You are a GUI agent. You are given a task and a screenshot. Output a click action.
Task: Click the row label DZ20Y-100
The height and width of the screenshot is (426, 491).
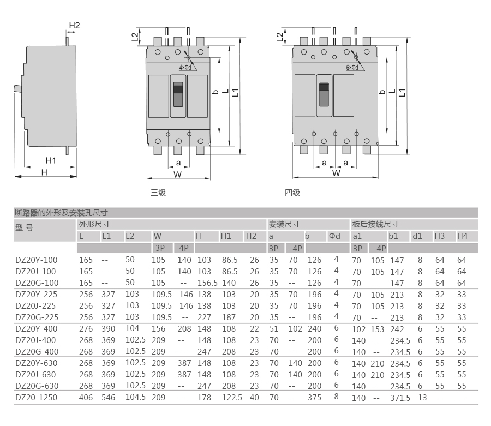[37, 260]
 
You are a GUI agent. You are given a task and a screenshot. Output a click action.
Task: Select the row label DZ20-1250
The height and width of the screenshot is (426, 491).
[37, 398]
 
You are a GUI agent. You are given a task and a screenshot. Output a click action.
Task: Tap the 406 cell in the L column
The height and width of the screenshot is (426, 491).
[86, 398]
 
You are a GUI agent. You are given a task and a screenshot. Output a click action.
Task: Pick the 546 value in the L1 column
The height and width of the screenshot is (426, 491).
[109, 398]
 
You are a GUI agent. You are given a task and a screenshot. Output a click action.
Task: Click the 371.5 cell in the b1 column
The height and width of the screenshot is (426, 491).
[400, 398]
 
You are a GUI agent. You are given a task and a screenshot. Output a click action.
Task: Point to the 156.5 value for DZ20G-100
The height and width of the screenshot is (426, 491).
[207, 283]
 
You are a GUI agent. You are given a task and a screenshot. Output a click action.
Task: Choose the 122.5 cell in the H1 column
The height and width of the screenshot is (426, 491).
[232, 398]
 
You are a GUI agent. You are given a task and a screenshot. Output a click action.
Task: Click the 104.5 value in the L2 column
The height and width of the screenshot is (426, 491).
[136, 397]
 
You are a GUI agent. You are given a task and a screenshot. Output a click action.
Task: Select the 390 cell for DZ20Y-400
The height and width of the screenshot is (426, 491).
[109, 329]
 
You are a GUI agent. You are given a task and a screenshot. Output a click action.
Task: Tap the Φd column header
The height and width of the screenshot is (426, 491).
[334, 236]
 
